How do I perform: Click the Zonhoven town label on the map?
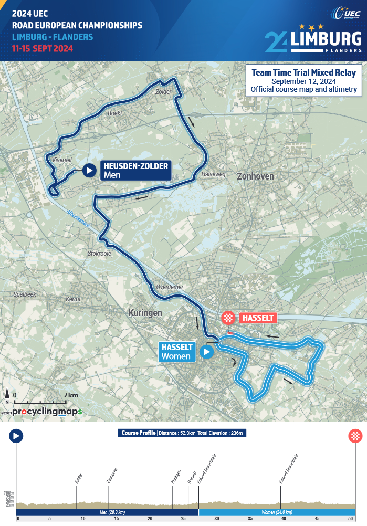point(255,176)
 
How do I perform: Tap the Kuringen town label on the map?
point(145,312)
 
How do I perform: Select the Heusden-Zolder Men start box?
point(135,170)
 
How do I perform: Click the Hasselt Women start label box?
point(177,352)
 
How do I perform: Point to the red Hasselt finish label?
point(257,318)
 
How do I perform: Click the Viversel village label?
point(62,160)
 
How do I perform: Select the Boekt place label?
point(114,113)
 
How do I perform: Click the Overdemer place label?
point(169,287)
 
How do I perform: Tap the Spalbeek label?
point(25,294)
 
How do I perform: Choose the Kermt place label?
point(74,299)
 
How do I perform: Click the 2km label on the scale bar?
point(71,395)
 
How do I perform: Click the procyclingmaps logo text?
point(47,412)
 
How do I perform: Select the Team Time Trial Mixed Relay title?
point(303,72)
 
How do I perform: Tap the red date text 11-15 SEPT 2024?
point(43,48)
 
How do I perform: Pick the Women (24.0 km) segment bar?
point(277,512)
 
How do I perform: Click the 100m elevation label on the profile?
point(8,493)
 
